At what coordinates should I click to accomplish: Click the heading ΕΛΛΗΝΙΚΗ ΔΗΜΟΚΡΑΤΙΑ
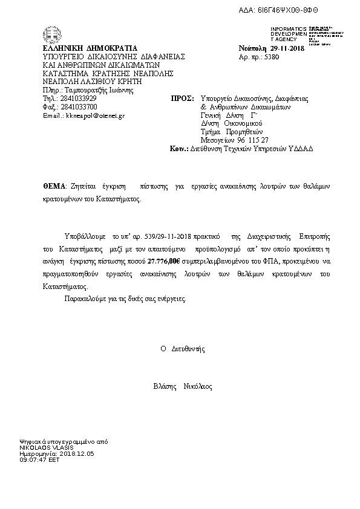[x=90, y=48]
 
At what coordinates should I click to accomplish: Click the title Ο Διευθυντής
[x=183, y=349]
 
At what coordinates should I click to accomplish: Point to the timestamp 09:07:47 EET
[x=40, y=459]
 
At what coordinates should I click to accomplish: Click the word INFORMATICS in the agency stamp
[x=289, y=29]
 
